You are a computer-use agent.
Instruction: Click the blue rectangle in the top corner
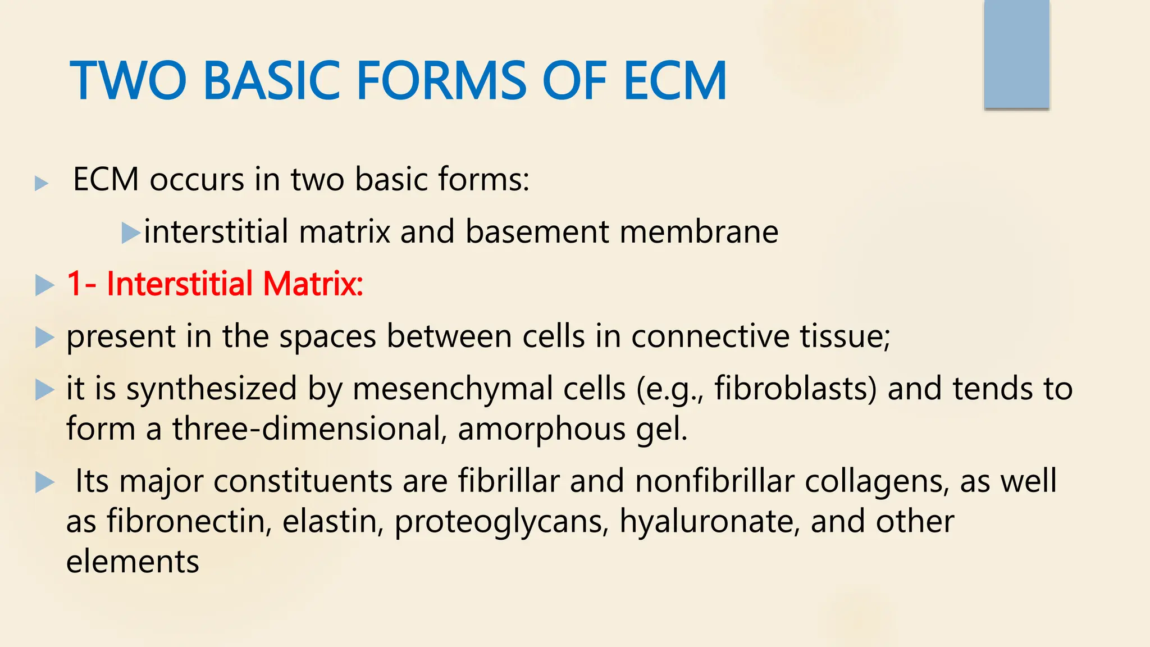pos(1016,54)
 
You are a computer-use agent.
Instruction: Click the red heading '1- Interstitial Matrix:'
pos(215,284)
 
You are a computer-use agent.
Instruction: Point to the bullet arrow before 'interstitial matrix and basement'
pos(130,233)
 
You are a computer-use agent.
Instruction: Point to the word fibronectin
pos(190,521)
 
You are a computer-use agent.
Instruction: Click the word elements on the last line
pos(133,562)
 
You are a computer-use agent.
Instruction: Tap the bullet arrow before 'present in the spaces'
pos(44,338)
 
